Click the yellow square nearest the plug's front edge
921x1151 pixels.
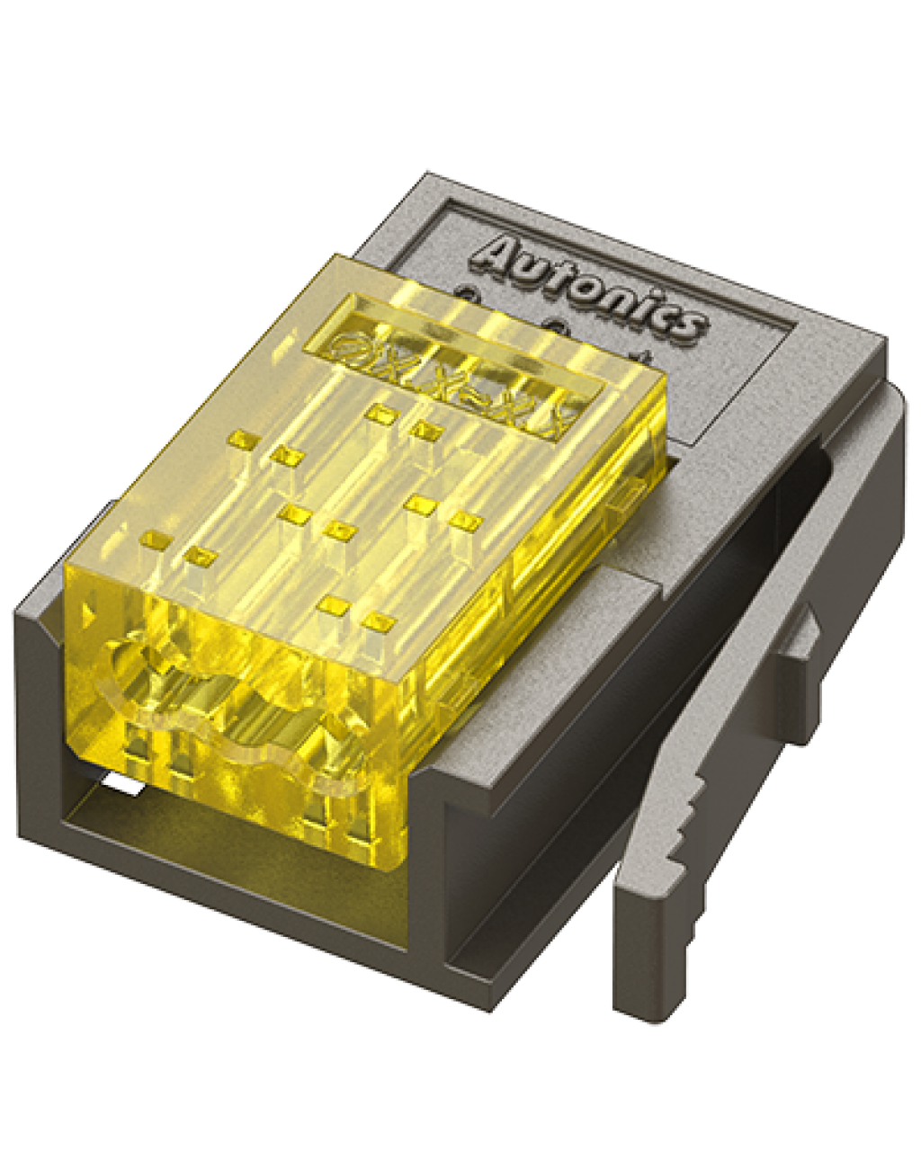[x=380, y=621]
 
